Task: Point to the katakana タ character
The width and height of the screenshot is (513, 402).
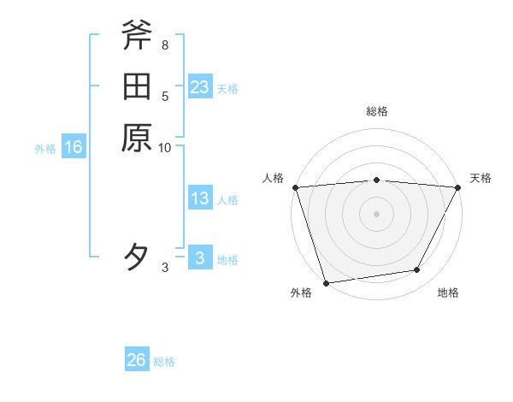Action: [137, 257]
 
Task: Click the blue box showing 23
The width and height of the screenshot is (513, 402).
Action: [200, 87]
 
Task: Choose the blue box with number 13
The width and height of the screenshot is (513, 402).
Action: [200, 199]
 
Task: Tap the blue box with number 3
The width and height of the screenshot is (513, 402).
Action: [200, 259]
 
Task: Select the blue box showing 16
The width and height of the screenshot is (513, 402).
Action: [74, 148]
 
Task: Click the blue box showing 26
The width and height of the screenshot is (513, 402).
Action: [137, 360]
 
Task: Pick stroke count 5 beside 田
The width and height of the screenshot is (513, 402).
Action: [164, 96]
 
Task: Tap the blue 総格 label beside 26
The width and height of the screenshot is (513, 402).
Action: [165, 362]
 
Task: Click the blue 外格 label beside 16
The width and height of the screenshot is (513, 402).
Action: [45, 149]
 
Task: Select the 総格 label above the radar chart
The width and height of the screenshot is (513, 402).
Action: [376, 111]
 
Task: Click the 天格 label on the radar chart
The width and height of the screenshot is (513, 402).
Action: [481, 178]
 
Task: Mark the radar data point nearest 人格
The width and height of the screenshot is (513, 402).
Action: [295, 187]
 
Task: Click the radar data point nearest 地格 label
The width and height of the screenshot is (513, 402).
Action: [417, 270]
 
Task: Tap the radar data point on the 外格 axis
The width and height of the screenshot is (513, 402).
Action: [326, 283]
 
